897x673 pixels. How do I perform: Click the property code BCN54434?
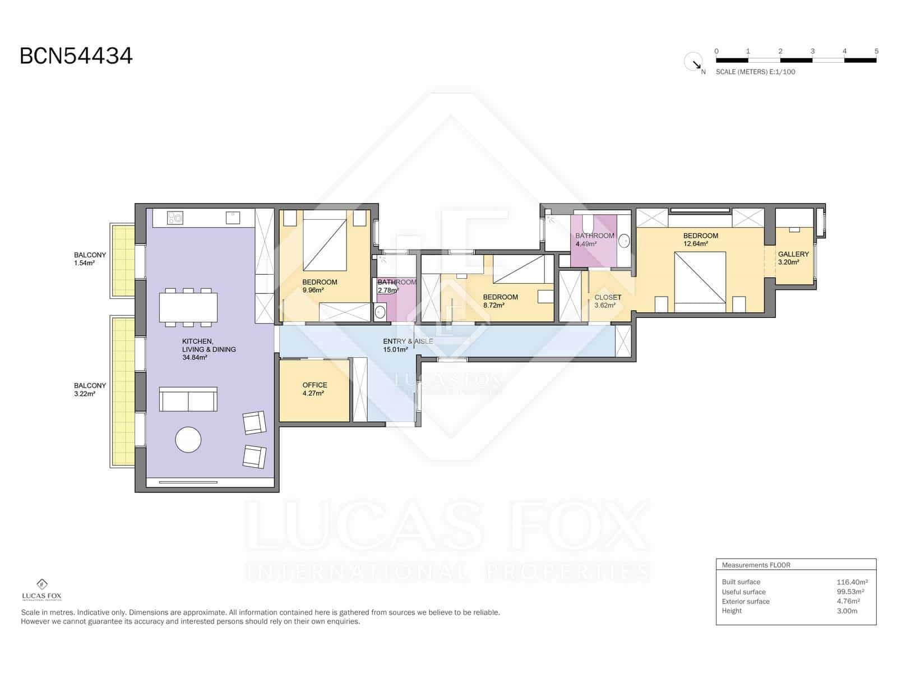click(x=76, y=56)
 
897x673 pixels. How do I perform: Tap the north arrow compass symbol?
click(x=694, y=62)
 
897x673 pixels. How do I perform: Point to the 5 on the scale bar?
click(x=876, y=51)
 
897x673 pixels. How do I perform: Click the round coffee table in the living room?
click(x=188, y=440)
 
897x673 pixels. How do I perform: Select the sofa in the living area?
click(x=188, y=399)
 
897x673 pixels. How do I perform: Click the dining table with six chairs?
click(x=188, y=307)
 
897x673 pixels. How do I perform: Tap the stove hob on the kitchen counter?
click(x=175, y=217)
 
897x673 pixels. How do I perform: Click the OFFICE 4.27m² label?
click(x=315, y=389)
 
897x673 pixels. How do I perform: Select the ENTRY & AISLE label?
click(x=408, y=345)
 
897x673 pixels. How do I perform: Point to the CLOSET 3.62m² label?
click(x=608, y=301)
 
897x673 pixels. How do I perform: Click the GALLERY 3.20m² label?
click(x=793, y=258)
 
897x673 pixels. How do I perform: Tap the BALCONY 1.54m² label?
click(x=90, y=259)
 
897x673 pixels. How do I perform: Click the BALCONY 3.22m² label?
click(x=90, y=389)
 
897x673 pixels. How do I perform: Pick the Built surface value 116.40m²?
click(x=852, y=582)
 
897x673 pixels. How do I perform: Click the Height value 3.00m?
click(x=847, y=611)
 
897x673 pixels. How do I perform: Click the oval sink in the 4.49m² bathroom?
click(x=624, y=241)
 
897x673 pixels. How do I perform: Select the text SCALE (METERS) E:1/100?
click(x=755, y=72)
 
